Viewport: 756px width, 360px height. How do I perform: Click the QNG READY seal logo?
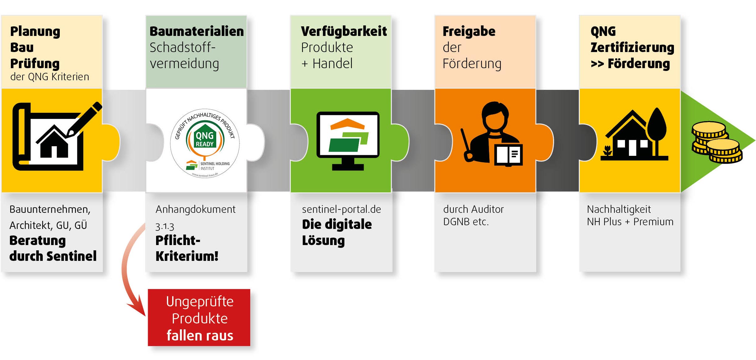click(x=205, y=143)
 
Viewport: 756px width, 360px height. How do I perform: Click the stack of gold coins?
click(x=716, y=143)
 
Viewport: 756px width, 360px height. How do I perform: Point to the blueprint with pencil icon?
click(x=56, y=136)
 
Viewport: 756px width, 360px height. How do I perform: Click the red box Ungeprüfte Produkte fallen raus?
click(x=199, y=318)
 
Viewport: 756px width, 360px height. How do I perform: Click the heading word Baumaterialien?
click(x=196, y=31)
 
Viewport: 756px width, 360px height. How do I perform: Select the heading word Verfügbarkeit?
click(x=344, y=31)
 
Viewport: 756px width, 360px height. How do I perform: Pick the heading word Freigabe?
click(x=469, y=31)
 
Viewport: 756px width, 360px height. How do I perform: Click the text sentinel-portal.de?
click(x=341, y=209)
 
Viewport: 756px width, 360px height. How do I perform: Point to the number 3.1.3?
click(x=165, y=227)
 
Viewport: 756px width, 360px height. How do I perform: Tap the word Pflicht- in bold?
click(x=178, y=240)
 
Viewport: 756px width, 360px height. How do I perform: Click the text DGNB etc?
click(x=466, y=222)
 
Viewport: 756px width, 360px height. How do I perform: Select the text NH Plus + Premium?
click(x=630, y=222)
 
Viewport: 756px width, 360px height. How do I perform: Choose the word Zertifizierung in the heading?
click(x=632, y=47)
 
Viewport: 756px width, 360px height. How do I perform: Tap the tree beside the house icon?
click(x=657, y=127)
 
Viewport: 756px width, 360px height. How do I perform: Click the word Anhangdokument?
click(x=195, y=209)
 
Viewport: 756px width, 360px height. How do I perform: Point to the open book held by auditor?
click(x=508, y=155)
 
